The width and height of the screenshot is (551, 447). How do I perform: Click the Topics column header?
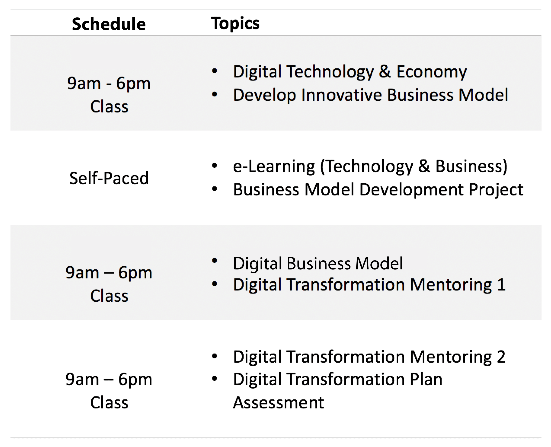click(235, 24)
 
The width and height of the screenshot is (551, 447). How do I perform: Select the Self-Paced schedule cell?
click(109, 178)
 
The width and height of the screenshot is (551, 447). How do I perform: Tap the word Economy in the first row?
click(431, 72)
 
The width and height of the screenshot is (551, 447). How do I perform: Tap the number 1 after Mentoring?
click(501, 285)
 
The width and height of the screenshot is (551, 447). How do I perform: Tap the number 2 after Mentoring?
click(501, 357)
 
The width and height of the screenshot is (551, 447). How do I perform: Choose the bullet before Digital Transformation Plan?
click(214, 379)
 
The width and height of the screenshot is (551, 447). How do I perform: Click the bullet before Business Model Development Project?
click(214, 189)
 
